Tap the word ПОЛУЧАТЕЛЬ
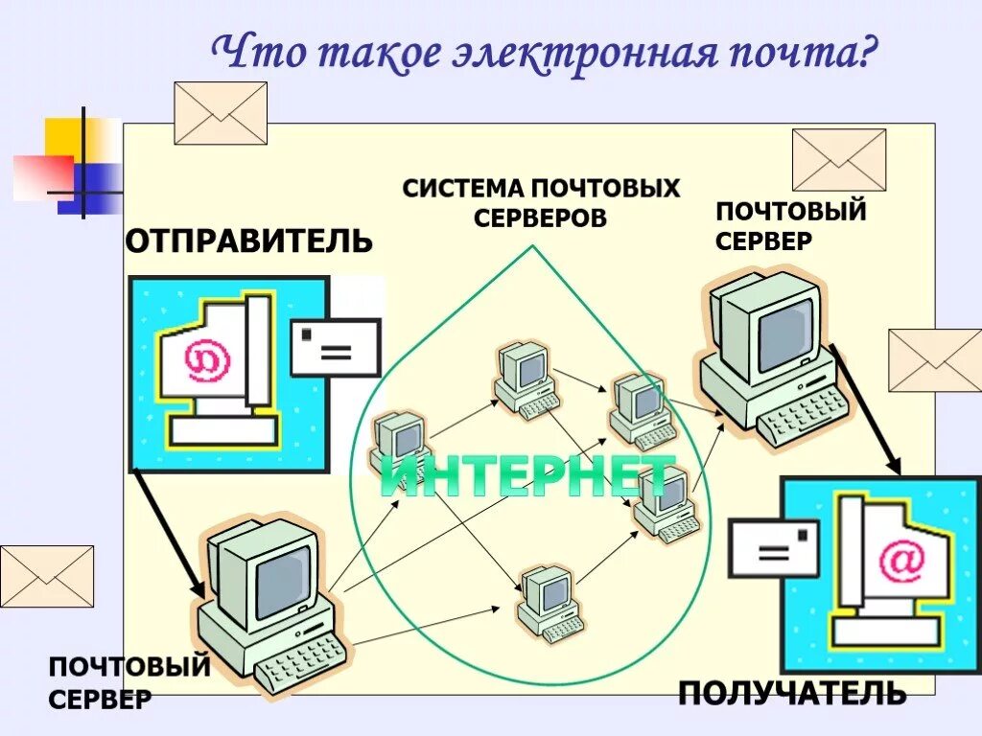[x=791, y=692]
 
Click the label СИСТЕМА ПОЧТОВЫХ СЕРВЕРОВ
[x=541, y=202]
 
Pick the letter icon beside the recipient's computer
[x=776, y=549]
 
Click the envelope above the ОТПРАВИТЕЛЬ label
[x=221, y=113]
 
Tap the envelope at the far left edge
[x=47, y=576]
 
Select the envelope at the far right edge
[x=935, y=360]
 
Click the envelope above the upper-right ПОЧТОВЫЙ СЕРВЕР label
[x=839, y=160]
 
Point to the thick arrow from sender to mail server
[x=169, y=533]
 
